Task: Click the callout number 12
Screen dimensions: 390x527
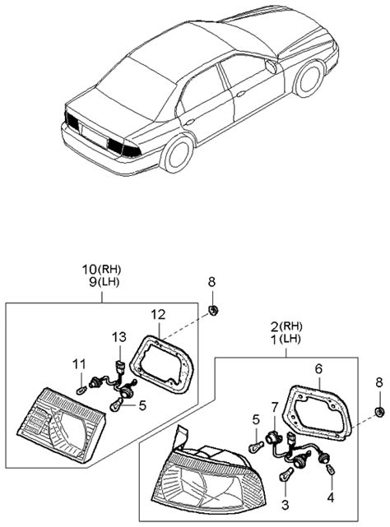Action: pos(158,315)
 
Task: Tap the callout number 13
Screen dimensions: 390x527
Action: pos(119,336)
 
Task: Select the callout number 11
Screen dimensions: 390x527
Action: pos(80,363)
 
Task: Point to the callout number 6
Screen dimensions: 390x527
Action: pos(318,368)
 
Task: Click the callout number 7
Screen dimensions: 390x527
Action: pos(275,407)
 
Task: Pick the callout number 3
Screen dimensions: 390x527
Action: pos(285,505)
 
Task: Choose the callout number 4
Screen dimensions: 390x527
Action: pos(331,497)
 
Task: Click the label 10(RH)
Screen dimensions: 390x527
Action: pos(101,269)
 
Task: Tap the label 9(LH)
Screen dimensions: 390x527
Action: pos(104,282)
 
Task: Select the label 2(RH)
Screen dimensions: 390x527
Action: pos(286,326)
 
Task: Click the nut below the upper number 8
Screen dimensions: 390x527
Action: pos(212,310)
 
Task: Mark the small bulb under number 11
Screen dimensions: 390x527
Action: pos(81,391)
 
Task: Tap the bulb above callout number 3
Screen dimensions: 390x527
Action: pos(286,474)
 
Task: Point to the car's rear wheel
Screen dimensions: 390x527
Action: pos(179,154)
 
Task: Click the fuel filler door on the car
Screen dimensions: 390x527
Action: pos(271,67)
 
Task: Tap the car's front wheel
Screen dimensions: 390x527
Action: pos(309,79)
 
